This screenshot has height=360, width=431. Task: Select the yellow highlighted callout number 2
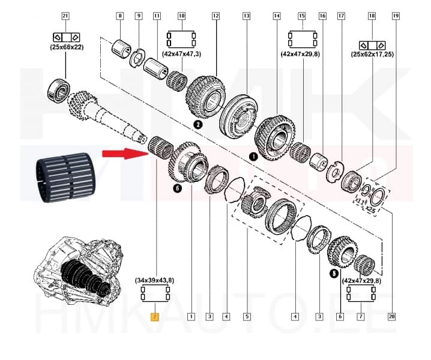154,316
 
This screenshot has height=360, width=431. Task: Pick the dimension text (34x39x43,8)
155,280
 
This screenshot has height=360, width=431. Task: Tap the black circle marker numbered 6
177,189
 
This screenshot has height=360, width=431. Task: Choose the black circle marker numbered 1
253,157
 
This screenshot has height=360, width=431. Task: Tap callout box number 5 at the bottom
246,316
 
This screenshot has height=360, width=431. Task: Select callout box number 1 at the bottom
191,316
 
